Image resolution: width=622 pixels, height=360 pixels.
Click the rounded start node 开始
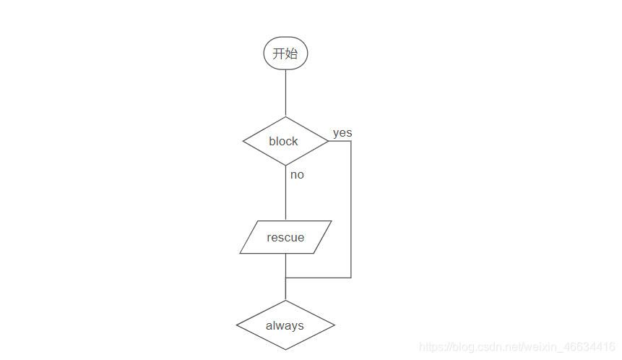[x=285, y=53]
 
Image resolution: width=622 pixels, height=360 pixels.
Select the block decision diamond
[x=285, y=141]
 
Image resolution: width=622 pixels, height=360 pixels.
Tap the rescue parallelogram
[x=285, y=237]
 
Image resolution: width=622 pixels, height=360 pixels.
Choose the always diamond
[x=285, y=325]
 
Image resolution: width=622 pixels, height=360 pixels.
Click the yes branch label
[x=342, y=133]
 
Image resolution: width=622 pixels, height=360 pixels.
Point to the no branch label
[x=297, y=174]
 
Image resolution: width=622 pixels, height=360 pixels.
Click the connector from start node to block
[x=285, y=93]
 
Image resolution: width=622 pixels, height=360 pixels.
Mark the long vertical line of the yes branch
[x=351, y=210]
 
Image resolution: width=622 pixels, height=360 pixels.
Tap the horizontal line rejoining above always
[x=318, y=278]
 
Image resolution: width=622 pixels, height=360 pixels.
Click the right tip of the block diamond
[x=328, y=141]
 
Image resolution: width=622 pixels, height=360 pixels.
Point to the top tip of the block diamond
[x=285, y=117]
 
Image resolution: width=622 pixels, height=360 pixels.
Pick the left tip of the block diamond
[x=243, y=141]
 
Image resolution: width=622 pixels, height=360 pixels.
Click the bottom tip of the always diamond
[x=285, y=350]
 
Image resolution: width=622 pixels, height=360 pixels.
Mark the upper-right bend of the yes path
[x=351, y=141]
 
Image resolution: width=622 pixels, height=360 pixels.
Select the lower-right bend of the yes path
[x=351, y=278]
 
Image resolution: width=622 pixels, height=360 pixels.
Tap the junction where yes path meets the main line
[x=285, y=278]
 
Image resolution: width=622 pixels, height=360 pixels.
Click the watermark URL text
[x=517, y=348]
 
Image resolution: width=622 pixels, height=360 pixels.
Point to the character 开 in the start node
[x=279, y=53]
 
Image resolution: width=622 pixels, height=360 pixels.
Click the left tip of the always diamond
[x=237, y=325]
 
